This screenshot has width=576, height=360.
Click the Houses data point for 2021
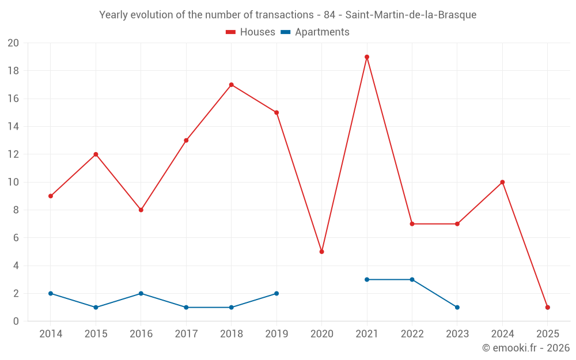click(367, 57)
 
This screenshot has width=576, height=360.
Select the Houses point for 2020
click(321, 252)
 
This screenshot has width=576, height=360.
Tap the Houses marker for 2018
click(231, 85)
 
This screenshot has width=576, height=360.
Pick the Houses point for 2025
click(548, 308)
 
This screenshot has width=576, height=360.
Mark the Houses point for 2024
click(502, 182)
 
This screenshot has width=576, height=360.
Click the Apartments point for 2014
click(51, 294)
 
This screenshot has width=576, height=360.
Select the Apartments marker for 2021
click(367, 279)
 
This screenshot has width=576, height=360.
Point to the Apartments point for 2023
click(457, 308)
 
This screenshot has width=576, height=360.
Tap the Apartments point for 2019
click(276, 294)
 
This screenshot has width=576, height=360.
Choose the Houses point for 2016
click(141, 210)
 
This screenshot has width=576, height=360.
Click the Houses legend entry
click(251, 32)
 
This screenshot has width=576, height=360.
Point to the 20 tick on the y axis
click(13, 43)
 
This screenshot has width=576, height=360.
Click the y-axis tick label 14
click(13, 127)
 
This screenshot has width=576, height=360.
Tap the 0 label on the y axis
click(16, 321)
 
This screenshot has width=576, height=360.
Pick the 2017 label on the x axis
click(186, 334)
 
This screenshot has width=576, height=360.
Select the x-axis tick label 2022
click(412, 334)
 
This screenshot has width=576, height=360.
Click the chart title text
click(288, 15)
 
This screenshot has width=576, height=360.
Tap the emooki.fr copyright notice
click(526, 348)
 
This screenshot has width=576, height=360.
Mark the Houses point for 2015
click(96, 154)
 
